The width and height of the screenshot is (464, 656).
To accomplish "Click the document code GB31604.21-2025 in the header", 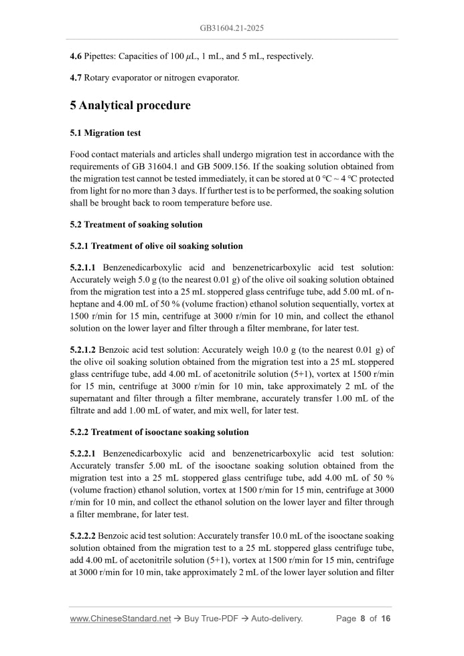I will tap(232, 28).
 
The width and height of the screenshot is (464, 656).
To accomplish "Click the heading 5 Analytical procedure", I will tap(130, 106).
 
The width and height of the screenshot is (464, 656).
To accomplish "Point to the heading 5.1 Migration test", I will tap(105, 133).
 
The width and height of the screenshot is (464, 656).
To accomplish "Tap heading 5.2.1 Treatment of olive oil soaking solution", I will tap(156, 246).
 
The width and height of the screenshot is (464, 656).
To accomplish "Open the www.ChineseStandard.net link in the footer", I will tap(121, 619).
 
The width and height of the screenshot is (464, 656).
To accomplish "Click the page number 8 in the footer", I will tap(363, 619).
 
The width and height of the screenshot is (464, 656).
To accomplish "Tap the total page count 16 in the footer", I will tap(386, 619).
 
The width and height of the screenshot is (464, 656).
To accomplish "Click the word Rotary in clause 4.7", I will tap(98, 78).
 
